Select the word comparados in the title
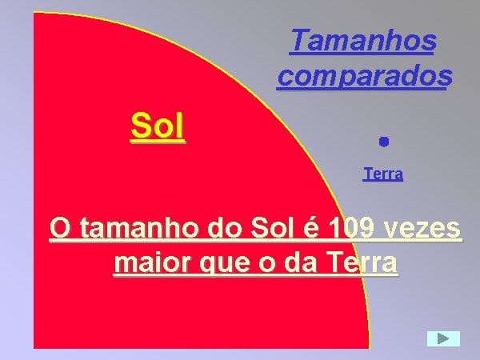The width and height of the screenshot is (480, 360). pyautogui.click(x=365, y=75)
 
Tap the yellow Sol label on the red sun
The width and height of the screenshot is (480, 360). pyautogui.click(x=158, y=126)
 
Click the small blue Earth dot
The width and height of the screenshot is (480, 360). pyautogui.click(x=383, y=142)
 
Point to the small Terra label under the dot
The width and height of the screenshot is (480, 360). pyautogui.click(x=383, y=174)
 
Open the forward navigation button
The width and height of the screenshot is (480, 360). pyautogui.click(x=443, y=338)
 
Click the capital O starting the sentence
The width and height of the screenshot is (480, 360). pyautogui.click(x=58, y=229)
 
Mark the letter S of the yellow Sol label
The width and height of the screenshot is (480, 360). pyautogui.click(x=139, y=126)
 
